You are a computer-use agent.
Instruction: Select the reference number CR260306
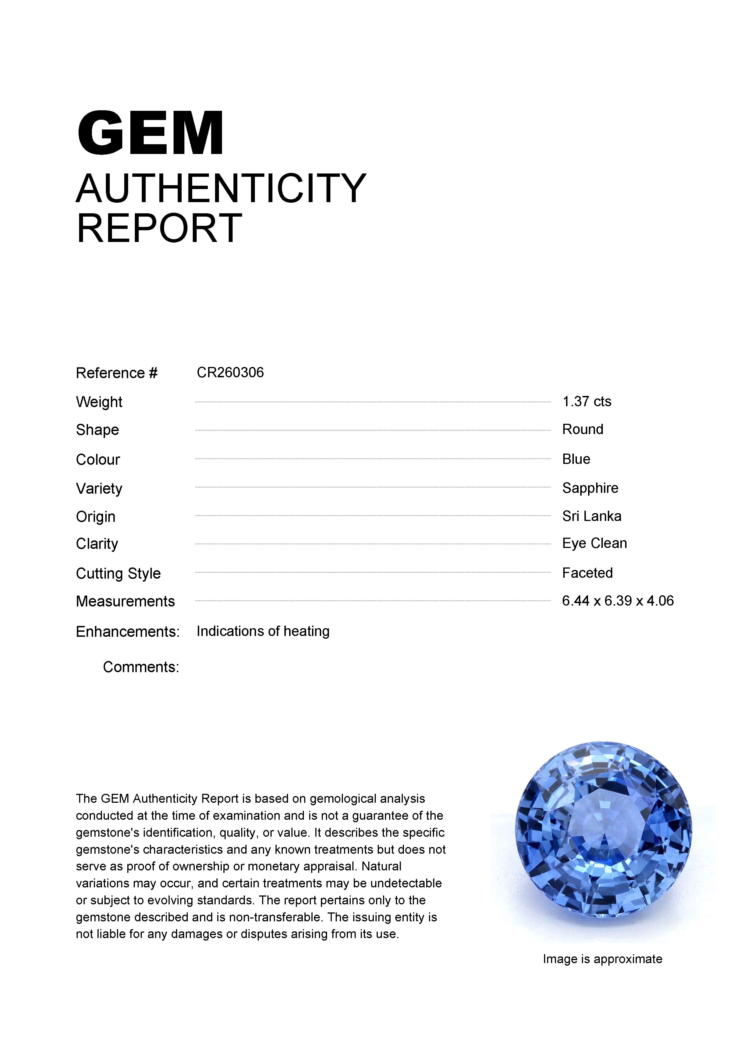230,372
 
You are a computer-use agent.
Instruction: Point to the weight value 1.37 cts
586,402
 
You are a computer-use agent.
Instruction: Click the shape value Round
582,430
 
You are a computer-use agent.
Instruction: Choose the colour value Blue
576,459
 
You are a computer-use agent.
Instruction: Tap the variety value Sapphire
590,488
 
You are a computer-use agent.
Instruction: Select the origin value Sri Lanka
592,517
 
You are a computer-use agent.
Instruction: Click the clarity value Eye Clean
594,544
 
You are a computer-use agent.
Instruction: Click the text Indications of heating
263,631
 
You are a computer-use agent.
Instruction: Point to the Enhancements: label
127,632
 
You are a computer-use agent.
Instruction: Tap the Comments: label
141,667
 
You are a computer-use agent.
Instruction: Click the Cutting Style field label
118,574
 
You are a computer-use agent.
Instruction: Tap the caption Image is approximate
602,959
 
